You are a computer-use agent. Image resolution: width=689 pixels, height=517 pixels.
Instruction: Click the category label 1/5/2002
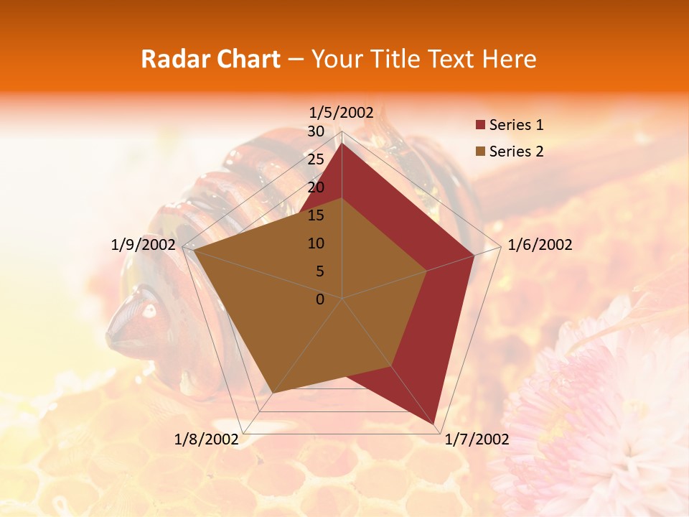[342, 112]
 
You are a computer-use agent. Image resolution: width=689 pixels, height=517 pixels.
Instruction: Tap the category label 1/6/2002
[540, 245]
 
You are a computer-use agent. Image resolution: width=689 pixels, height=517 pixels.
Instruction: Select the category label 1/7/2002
[477, 439]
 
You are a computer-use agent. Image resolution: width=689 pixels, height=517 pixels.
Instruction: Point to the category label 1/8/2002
[207, 439]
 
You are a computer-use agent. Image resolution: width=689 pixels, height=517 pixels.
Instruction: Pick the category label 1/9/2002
[144, 245]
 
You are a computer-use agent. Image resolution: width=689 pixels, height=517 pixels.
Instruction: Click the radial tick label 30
[316, 131]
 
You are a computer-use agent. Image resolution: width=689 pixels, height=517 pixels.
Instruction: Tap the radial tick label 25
[316, 159]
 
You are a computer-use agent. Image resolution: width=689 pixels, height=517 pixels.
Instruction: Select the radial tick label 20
[316, 187]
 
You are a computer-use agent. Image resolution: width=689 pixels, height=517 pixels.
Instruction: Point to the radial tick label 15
[316, 215]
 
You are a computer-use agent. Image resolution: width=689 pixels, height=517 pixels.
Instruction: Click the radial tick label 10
[316, 243]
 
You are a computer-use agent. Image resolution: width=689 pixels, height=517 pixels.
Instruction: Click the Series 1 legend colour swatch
[480, 126]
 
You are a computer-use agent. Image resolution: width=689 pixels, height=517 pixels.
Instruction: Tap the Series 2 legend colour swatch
[480, 152]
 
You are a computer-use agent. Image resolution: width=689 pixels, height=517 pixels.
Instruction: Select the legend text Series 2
[516, 152]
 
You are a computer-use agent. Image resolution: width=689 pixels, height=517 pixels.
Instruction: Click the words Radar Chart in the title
[210, 59]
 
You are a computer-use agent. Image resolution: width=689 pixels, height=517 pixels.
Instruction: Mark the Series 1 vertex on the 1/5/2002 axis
[342, 143]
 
